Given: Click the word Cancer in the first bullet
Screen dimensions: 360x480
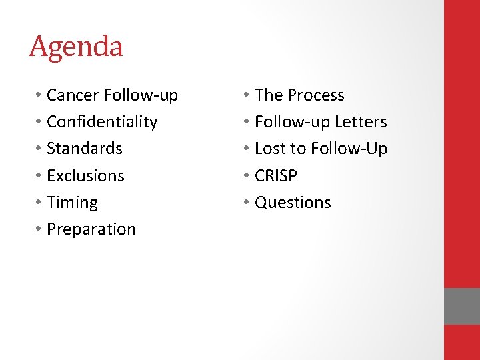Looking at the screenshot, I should click(73, 95).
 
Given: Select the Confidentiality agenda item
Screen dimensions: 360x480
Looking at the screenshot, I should click(102, 122).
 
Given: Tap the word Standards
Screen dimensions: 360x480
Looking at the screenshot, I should click(85, 149).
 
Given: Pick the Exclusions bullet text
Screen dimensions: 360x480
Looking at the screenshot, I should click(85, 175).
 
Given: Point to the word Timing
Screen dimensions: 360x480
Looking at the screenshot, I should click(72, 203).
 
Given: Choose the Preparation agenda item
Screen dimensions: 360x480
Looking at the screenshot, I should click(91, 229).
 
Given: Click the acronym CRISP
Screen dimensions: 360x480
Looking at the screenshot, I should click(276, 175).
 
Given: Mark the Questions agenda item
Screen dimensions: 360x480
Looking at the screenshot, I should click(293, 203).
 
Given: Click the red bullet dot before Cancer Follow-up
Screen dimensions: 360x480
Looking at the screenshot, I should click(39, 96).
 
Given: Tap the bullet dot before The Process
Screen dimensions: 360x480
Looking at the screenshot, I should click(247, 96).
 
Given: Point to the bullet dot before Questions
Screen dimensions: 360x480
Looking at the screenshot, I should click(247, 203).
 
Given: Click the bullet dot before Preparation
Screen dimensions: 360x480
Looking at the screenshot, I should click(39, 229).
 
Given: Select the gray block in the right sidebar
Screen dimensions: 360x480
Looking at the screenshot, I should click(462, 306).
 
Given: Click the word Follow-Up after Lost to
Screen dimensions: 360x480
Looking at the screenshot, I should click(355, 149).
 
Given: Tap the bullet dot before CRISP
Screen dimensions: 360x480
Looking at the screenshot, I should click(247, 176).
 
